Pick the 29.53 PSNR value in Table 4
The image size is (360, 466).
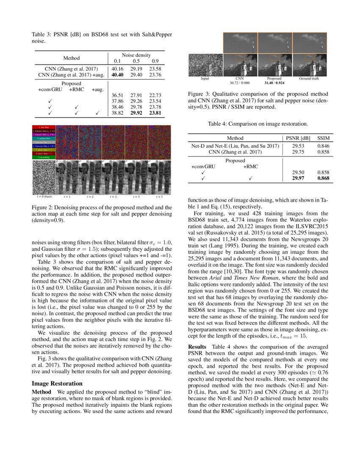pyautogui.click(x=299, y=146)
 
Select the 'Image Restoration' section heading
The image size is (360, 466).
pyautogui.click(x=57, y=383)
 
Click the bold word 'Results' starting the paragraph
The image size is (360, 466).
pyautogui.click(x=197, y=347)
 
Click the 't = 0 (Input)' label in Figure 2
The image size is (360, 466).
pyautogui.click(x=44, y=197)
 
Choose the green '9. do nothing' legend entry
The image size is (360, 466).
pyautogui.click(x=44, y=157)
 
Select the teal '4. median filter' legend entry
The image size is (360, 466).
pyautogui.click(x=44, y=139)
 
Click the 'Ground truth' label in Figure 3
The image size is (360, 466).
pyautogui.click(x=309, y=79)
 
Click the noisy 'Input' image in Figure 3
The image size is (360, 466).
pyautogui.click(x=205, y=65)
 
